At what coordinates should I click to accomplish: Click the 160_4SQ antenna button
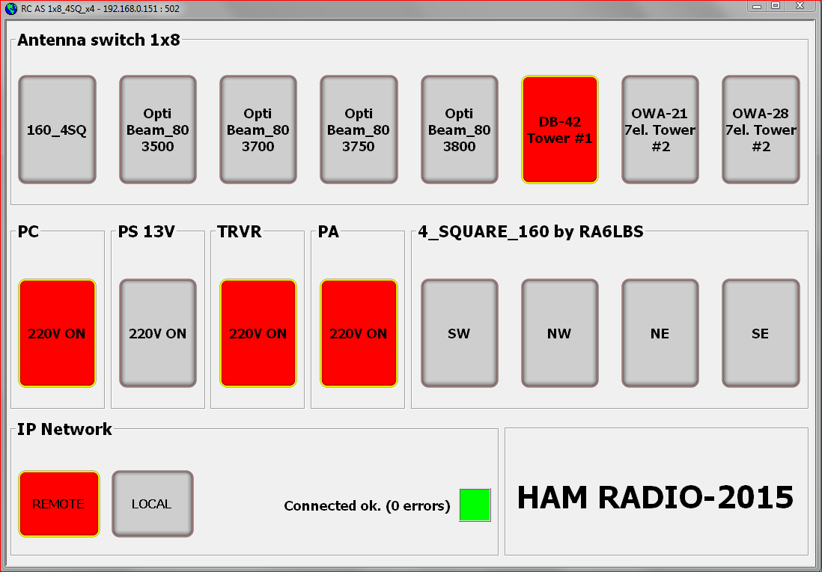pyautogui.click(x=57, y=130)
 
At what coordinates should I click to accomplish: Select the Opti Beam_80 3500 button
pyautogui.click(x=158, y=130)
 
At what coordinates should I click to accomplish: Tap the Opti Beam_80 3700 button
pyautogui.click(x=258, y=130)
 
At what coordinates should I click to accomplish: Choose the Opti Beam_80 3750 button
pyautogui.click(x=359, y=130)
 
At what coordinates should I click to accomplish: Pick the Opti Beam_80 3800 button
pyautogui.click(x=459, y=130)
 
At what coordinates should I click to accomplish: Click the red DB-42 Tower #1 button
pyautogui.click(x=560, y=130)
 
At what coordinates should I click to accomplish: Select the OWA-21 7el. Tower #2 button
pyautogui.click(x=660, y=130)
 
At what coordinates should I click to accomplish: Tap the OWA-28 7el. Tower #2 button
pyautogui.click(x=761, y=130)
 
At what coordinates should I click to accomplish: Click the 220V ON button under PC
pyautogui.click(x=57, y=333)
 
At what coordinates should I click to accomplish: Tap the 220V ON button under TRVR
pyautogui.click(x=258, y=333)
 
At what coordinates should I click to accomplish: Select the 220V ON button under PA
pyautogui.click(x=359, y=333)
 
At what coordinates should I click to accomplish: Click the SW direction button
pyautogui.click(x=459, y=333)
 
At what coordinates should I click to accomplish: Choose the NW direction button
pyautogui.click(x=560, y=333)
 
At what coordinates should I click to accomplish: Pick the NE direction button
pyautogui.click(x=660, y=333)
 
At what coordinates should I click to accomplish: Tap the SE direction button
pyautogui.click(x=761, y=333)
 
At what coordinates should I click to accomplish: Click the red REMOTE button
pyautogui.click(x=58, y=504)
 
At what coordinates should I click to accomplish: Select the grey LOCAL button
pyautogui.click(x=153, y=504)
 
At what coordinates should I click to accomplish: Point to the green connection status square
pyautogui.click(x=475, y=505)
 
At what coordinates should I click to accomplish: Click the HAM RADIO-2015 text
pyautogui.click(x=655, y=497)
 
